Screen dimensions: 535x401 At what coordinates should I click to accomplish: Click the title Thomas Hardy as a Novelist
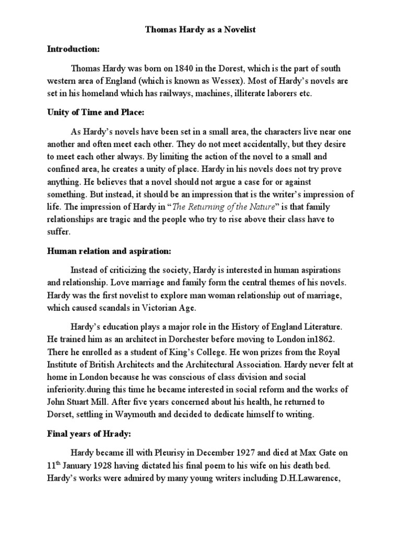(x=200, y=31)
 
